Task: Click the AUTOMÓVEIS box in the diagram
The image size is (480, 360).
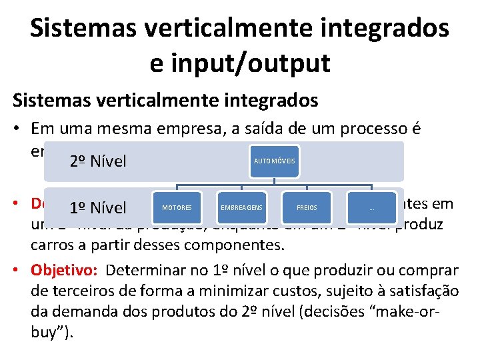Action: [x=275, y=162]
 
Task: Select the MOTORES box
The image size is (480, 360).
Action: [x=177, y=207]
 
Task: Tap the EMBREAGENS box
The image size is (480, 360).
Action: [x=241, y=207]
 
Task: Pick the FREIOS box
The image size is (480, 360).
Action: [x=307, y=207]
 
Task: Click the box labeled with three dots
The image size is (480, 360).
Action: [x=371, y=207]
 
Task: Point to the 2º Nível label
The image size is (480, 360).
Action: [x=97, y=161]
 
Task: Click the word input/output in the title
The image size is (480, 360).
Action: [x=240, y=63]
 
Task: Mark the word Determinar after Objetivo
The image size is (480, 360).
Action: [x=143, y=271]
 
